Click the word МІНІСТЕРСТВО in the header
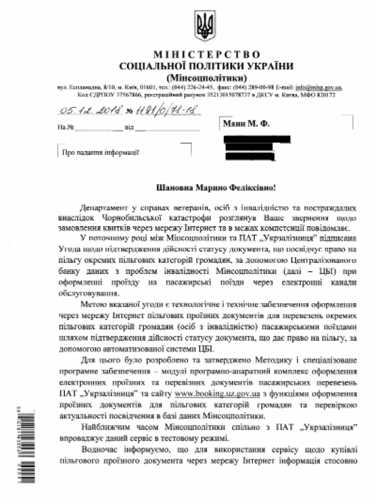[207, 54]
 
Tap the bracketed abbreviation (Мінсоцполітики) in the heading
[207, 76]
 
